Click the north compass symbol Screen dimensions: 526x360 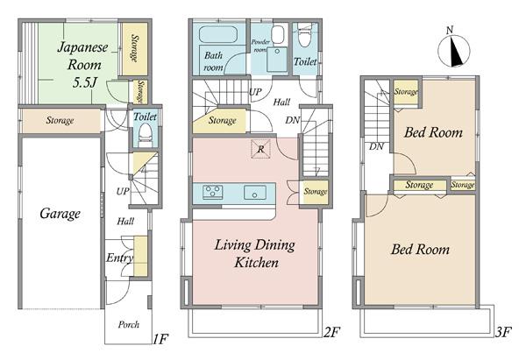[453, 49]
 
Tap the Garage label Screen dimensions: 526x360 [60, 214]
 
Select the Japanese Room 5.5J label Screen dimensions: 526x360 [83, 64]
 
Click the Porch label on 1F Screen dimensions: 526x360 [129, 324]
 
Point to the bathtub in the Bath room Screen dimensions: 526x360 [218, 34]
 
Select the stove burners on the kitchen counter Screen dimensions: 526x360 [213, 192]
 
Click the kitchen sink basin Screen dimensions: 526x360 [255, 193]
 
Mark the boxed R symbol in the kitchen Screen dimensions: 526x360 [260, 149]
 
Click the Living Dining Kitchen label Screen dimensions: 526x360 [255, 253]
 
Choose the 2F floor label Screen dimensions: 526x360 [331, 332]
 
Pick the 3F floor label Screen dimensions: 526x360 [503, 332]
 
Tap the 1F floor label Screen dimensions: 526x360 [160, 339]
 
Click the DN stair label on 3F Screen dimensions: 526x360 [376, 146]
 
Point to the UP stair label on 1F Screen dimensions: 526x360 [123, 192]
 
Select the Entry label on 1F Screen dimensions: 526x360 [119, 258]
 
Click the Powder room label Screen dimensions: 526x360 [260, 46]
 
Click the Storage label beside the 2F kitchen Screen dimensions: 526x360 [316, 192]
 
